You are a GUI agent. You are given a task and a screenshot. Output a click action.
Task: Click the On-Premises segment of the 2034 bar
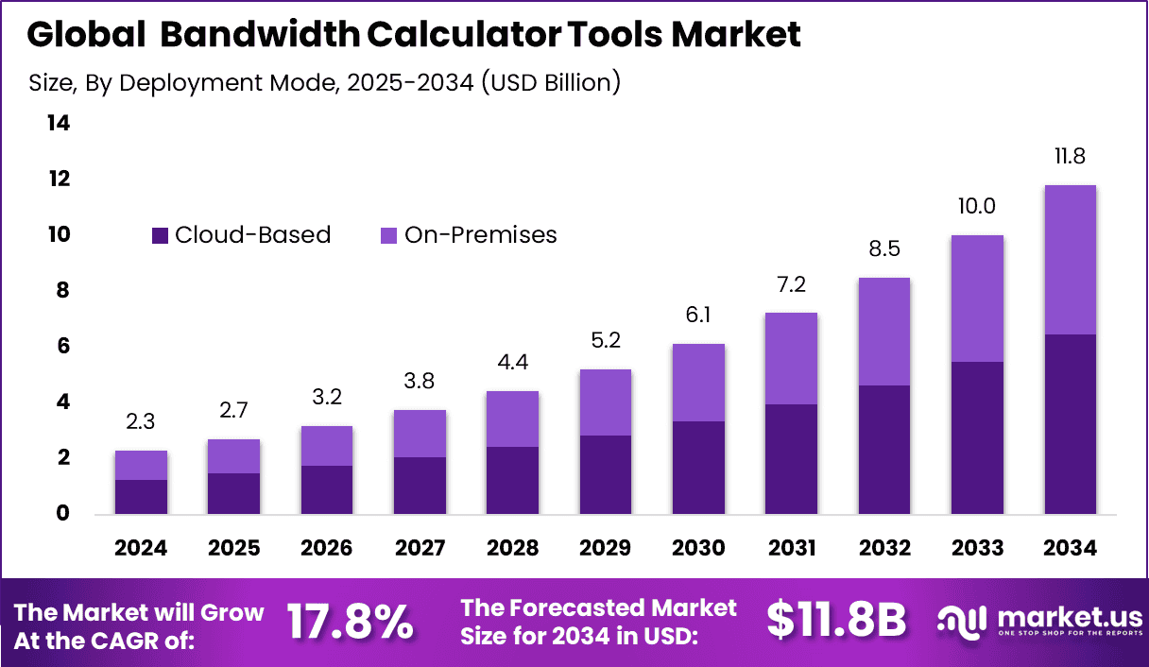click(x=1070, y=260)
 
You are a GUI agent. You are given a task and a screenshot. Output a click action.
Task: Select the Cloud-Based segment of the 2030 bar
click(x=698, y=467)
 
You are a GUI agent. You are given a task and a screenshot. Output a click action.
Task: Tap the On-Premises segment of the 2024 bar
click(x=142, y=465)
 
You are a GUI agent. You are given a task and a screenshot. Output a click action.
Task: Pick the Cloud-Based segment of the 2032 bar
click(x=884, y=449)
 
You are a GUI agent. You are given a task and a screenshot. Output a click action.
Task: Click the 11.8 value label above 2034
click(x=1070, y=156)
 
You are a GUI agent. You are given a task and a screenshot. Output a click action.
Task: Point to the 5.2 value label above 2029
click(x=605, y=340)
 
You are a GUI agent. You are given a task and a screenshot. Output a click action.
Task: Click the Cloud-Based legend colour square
click(x=160, y=235)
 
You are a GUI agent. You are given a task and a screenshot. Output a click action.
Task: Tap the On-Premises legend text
click(x=480, y=235)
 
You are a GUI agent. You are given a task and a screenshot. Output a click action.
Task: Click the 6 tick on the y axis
click(x=63, y=347)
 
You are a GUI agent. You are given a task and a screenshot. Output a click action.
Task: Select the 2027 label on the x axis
click(x=420, y=549)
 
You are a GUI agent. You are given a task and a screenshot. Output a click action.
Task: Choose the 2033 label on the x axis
click(x=977, y=549)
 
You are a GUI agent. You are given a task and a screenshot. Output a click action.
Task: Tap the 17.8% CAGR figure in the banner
click(x=350, y=622)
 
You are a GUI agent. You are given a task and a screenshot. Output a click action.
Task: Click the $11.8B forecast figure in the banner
click(x=836, y=620)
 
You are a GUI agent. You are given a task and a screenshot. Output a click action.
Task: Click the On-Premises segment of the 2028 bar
click(x=512, y=419)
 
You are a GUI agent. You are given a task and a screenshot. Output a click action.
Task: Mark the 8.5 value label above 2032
click(x=884, y=249)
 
